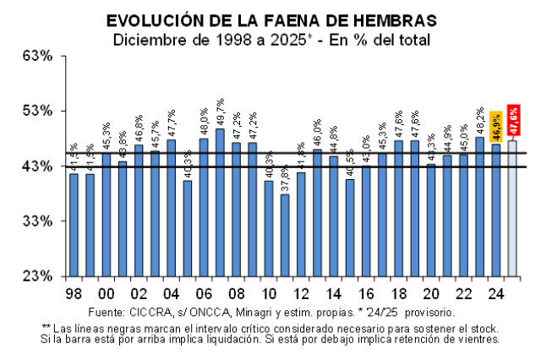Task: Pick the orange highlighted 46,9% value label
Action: [x=496, y=126]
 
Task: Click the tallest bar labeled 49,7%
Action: [x=220, y=202]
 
